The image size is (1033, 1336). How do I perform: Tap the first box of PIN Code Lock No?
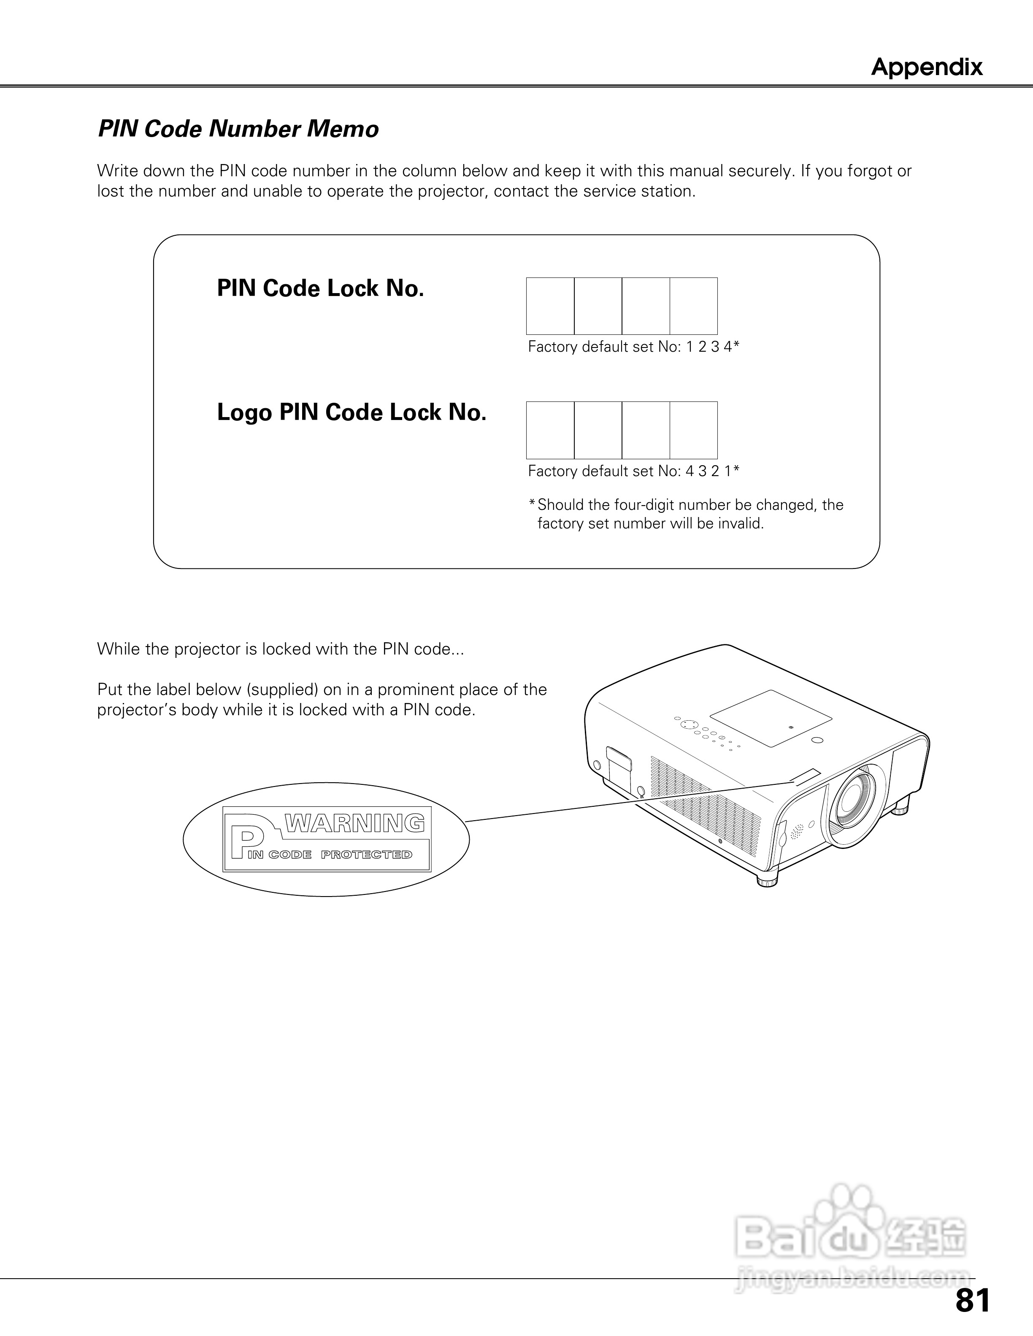click(x=550, y=306)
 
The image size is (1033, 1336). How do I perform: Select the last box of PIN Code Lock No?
click(x=693, y=306)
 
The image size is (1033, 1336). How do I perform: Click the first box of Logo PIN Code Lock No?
click(x=550, y=430)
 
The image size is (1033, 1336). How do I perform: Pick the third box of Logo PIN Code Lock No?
click(x=646, y=430)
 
